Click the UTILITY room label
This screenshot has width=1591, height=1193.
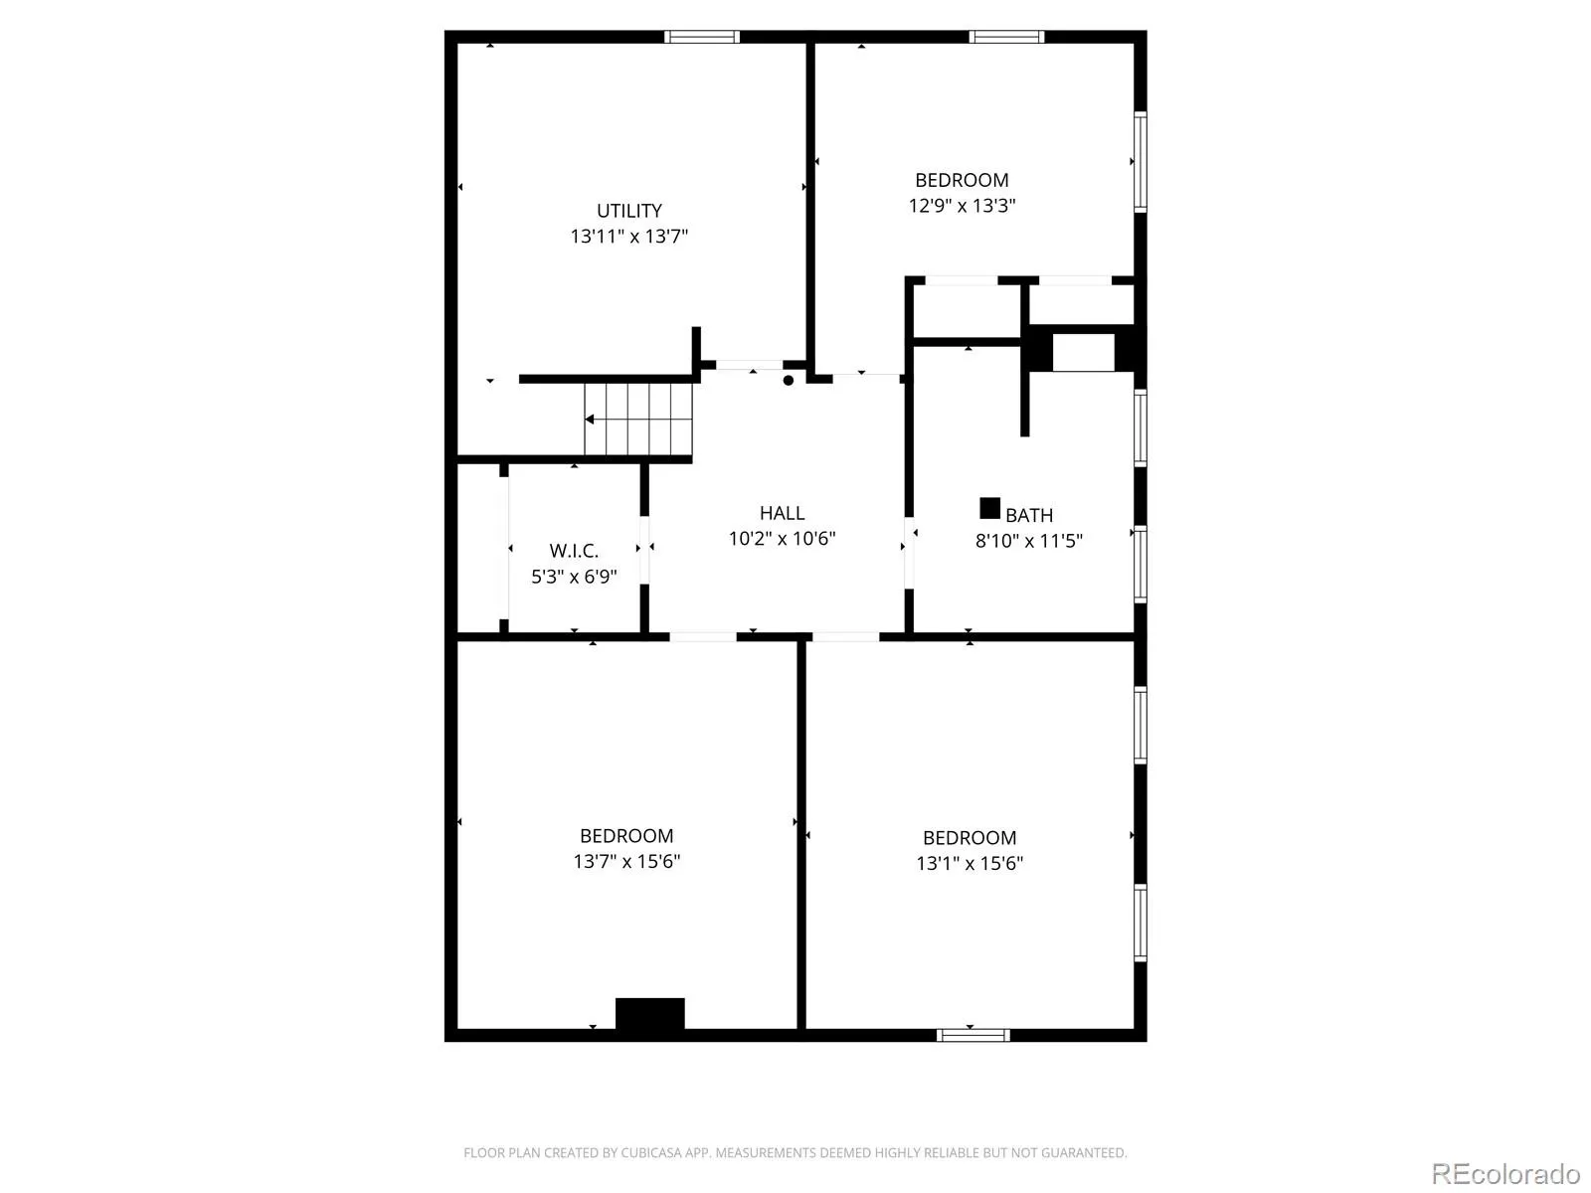[x=628, y=210]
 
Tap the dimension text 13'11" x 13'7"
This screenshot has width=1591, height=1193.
[x=628, y=236]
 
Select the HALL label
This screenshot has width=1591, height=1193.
[x=782, y=512]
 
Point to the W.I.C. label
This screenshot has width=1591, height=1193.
[x=574, y=551]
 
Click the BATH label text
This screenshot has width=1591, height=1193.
[x=1028, y=515]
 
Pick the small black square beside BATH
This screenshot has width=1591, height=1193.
[x=989, y=508]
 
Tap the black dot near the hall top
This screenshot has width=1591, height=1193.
[x=788, y=381]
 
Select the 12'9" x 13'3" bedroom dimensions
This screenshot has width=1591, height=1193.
[x=962, y=205]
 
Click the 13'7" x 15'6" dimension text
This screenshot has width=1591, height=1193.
[x=626, y=861]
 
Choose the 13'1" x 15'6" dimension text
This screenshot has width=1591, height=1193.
[x=970, y=863]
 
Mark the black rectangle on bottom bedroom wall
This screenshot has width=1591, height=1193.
[x=649, y=1013]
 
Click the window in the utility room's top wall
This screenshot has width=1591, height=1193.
[x=702, y=37]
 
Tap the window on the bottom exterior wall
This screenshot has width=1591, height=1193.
[x=972, y=1035]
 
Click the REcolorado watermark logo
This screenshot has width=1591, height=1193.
[x=1505, y=1173]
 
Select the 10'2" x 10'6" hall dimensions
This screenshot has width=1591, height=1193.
[x=782, y=538]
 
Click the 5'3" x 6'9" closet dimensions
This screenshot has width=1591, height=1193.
[x=574, y=576]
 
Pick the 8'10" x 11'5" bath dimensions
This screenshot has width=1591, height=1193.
[x=1028, y=541]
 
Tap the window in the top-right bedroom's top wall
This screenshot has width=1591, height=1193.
[x=1006, y=37]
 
